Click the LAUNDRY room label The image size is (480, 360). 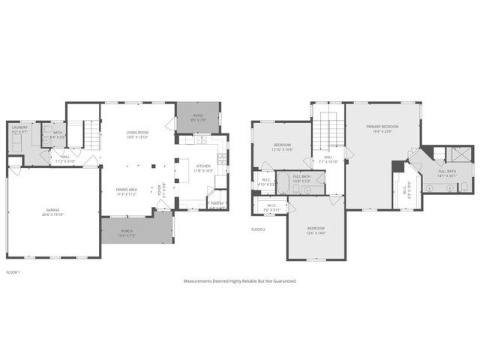(19, 127)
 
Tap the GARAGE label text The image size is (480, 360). (53, 211)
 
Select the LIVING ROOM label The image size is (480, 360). (137, 132)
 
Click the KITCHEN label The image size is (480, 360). (203, 166)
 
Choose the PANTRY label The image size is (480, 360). (217, 203)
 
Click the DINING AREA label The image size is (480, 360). (126, 189)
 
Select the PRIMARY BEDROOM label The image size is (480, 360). (382, 127)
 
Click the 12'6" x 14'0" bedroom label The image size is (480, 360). (316, 228)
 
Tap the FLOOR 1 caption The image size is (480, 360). (13, 271)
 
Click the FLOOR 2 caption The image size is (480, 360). (259, 229)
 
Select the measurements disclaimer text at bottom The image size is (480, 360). (240, 281)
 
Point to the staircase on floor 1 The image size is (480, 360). (90, 134)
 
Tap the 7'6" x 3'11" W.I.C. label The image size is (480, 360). (272, 208)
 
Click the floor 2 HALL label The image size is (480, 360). (328, 157)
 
